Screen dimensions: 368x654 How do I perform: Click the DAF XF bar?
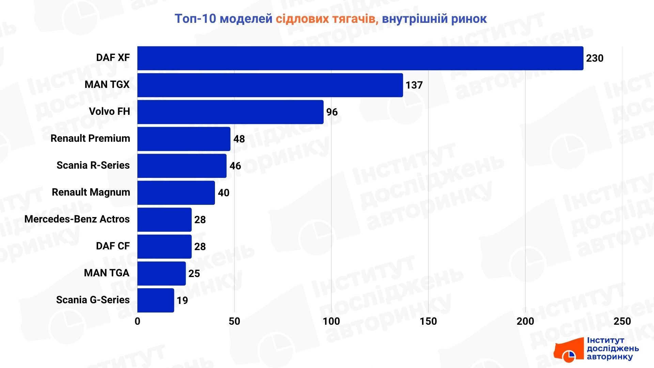360,58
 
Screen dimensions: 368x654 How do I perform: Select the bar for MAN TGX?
270,85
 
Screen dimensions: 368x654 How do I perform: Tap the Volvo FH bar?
230,112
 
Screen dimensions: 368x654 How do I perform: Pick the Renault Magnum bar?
176,193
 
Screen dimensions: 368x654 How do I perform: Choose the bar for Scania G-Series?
156,300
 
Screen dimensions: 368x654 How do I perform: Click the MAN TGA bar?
161,273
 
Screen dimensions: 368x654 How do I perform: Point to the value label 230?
594,58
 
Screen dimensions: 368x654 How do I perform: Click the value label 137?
414,85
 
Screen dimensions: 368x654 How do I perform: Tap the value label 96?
332,112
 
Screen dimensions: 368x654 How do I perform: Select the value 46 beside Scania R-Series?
235,166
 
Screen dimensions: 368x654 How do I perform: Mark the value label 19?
182,301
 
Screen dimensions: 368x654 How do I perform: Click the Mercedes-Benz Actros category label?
77,219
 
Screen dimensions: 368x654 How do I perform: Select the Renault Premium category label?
90,138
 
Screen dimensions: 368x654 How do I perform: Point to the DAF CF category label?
113,246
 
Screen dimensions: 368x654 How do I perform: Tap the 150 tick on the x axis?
428,321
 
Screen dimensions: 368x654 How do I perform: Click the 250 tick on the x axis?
622,321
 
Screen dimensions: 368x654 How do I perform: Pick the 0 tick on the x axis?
137,321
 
